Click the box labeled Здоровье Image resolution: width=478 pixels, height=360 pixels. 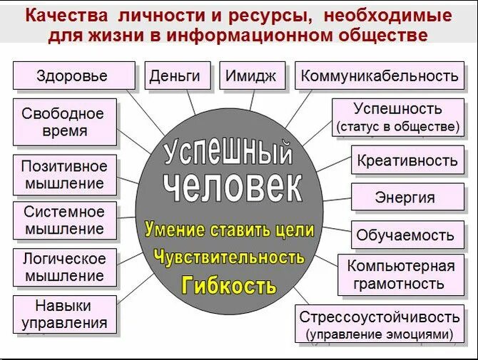(73, 76)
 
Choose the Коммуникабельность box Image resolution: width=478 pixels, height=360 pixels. (379, 76)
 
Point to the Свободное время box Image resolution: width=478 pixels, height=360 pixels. (63, 122)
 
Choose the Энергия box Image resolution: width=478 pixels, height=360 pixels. (405, 197)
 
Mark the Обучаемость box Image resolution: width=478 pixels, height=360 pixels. (405, 235)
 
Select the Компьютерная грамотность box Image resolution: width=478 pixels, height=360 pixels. (400, 274)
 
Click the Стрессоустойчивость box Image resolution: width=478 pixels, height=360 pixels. (380, 324)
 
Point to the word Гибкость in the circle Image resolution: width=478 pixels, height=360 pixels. (228, 286)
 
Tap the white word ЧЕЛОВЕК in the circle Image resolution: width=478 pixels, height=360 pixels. (232, 187)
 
